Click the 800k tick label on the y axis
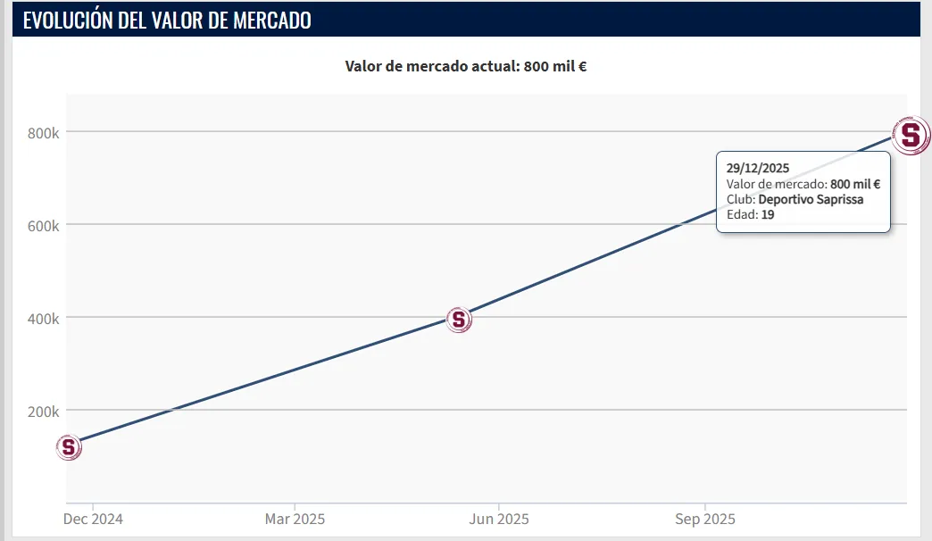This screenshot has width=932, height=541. [43, 132]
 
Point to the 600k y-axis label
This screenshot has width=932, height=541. [43, 225]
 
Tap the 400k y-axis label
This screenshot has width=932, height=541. [43, 318]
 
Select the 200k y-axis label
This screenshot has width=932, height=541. [43, 411]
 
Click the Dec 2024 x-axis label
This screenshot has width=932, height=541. [93, 519]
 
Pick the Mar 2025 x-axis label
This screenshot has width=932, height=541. [295, 519]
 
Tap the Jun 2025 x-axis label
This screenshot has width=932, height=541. [499, 519]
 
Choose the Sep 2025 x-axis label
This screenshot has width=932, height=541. [705, 519]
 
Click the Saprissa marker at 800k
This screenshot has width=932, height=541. [911, 136]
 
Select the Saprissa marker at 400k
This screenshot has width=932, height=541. [458, 319]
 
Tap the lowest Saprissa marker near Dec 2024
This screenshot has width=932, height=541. [69, 446]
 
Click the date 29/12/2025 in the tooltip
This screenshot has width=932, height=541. [758, 168]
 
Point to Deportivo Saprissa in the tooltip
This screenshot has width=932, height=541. [811, 199]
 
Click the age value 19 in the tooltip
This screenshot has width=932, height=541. [768, 214]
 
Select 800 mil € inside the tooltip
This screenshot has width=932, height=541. [855, 184]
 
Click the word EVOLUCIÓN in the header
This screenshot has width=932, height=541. [68, 21]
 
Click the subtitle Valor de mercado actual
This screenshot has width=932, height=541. [430, 66]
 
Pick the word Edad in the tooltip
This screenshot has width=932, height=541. [741, 214]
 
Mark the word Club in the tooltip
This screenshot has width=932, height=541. [739, 199]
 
